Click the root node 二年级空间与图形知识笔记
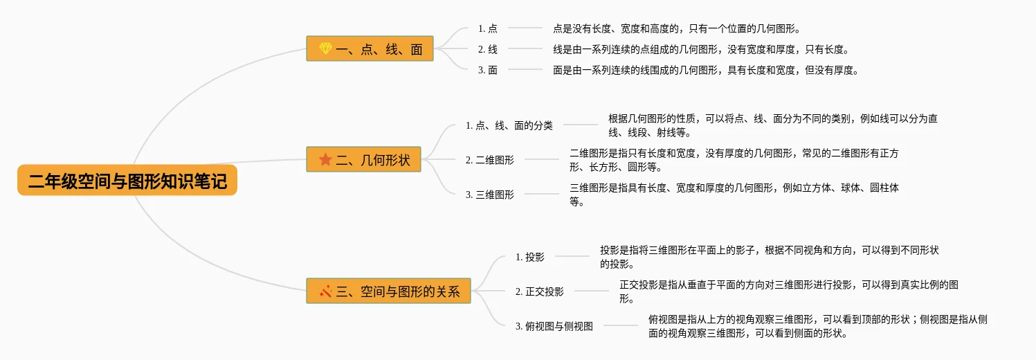(x=127, y=181)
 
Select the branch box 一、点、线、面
(x=370, y=48)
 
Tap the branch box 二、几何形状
(x=363, y=159)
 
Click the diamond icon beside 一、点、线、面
(x=326, y=48)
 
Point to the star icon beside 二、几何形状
(x=326, y=159)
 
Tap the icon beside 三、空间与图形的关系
(x=326, y=291)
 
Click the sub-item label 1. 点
(x=487, y=28)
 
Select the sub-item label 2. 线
(x=487, y=49)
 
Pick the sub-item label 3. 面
(x=487, y=70)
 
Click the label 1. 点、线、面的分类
(x=509, y=125)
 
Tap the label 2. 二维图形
(x=490, y=160)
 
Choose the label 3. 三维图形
(x=490, y=195)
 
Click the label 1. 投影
(x=530, y=257)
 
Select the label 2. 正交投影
(x=540, y=291)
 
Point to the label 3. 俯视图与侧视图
(x=554, y=326)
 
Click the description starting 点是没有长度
(x=676, y=28)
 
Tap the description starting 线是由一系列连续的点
(x=700, y=49)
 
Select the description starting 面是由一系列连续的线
(x=705, y=70)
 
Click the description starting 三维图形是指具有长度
(x=734, y=195)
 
